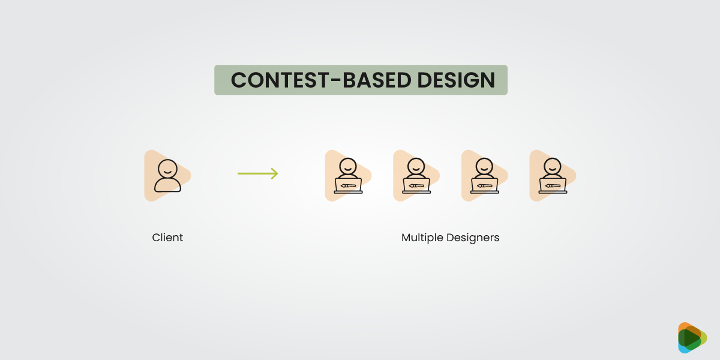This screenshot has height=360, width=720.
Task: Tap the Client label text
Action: tap(167, 238)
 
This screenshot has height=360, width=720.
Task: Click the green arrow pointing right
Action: tap(257, 173)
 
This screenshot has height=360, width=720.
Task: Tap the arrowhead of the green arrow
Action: tap(275, 173)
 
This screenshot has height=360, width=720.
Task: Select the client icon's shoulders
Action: tap(167, 185)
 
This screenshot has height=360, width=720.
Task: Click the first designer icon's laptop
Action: tap(349, 185)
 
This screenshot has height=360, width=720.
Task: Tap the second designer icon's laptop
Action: tap(416, 185)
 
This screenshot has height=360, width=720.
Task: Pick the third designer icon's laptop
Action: tap(485, 185)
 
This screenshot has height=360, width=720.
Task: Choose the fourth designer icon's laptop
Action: tap(553, 185)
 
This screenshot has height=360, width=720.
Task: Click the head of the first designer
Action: tap(349, 166)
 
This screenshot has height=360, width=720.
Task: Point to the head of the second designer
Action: tap(416, 166)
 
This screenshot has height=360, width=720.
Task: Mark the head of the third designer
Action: tap(485, 166)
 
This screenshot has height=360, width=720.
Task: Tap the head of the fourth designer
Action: tap(553, 166)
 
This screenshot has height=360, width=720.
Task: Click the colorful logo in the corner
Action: tap(692, 338)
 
